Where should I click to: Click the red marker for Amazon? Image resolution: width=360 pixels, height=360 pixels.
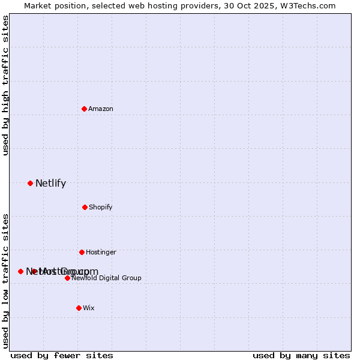pyautogui.click(x=85, y=109)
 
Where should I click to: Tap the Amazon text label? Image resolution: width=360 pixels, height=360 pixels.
pyautogui.click(x=101, y=109)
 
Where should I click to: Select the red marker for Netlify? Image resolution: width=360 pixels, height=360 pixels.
pyautogui.click(x=30, y=183)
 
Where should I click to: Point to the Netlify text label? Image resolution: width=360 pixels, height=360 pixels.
pyautogui.click(x=50, y=184)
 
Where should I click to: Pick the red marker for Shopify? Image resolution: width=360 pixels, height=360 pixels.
pyautogui.click(x=85, y=207)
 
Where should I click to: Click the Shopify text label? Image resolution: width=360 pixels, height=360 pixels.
pyautogui.click(x=101, y=208)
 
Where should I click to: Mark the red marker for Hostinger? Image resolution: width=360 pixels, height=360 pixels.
pyautogui.click(x=82, y=252)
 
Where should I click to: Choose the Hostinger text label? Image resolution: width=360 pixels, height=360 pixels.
pyautogui.click(x=101, y=253)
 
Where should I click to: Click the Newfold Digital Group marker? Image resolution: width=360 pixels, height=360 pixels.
pyautogui.click(x=67, y=278)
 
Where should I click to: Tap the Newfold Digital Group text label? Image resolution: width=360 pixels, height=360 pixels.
pyautogui.click(x=106, y=278)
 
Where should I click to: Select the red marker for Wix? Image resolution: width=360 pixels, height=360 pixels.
pyautogui.click(x=79, y=308)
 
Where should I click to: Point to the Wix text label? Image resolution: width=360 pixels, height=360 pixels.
pyautogui.click(x=89, y=308)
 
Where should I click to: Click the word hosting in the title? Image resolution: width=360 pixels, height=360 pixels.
pyautogui.click(x=159, y=6)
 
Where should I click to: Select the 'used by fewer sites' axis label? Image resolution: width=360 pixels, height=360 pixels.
pyautogui.click(x=62, y=356)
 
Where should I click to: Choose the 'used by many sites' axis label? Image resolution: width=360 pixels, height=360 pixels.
pyautogui.click(x=301, y=356)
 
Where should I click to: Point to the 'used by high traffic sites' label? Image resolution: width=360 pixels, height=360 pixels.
pyautogui.click(x=6, y=85)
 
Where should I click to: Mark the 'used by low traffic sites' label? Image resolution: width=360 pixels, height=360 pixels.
pyautogui.click(x=6, y=281)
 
